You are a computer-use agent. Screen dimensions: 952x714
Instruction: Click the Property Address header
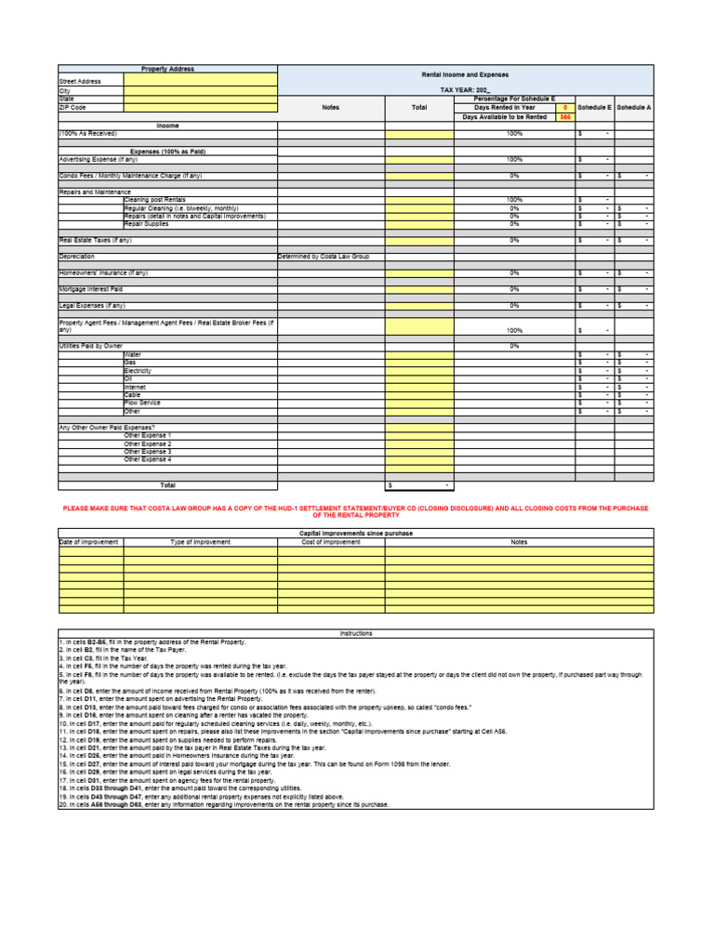point(167,69)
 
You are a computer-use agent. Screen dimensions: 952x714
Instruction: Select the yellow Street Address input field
point(200,81)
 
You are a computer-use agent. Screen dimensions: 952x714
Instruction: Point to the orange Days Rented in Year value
point(564,108)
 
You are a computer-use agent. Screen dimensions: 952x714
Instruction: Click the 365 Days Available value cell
point(564,117)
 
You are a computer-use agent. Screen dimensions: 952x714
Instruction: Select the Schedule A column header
point(634,108)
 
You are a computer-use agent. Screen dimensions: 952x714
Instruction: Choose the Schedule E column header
point(595,108)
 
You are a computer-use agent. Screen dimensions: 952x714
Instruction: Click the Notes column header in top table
point(331,108)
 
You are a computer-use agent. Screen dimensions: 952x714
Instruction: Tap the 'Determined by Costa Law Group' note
point(324,256)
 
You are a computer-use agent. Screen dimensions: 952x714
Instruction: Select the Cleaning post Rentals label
point(155,200)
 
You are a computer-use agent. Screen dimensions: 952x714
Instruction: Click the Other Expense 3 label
point(148,451)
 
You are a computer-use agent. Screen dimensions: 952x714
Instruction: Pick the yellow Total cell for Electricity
point(419,370)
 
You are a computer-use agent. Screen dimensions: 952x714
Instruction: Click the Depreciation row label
point(77,256)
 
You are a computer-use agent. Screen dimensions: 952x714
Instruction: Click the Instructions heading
point(356,633)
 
